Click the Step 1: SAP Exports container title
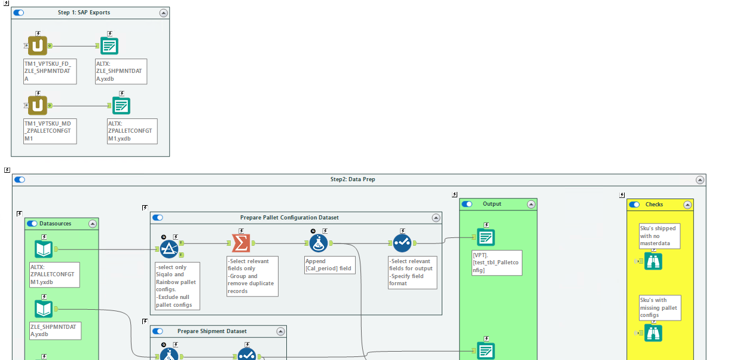(x=84, y=13)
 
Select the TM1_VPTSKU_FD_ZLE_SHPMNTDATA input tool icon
(x=38, y=45)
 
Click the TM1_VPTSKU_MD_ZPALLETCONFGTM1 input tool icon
(x=38, y=106)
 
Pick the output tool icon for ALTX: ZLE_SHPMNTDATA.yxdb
(x=109, y=46)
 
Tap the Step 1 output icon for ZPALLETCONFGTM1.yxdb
(x=121, y=106)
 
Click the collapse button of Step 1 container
(x=163, y=13)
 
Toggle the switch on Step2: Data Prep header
(x=20, y=179)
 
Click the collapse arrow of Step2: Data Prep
(x=699, y=179)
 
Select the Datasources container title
(x=55, y=224)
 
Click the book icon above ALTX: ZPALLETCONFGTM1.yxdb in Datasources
(x=44, y=249)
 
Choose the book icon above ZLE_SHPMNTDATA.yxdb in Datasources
(x=44, y=309)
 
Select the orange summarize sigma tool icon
(x=241, y=243)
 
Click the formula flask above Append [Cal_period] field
(x=319, y=243)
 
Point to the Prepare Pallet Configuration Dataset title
(x=289, y=218)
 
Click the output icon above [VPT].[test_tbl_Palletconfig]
(x=486, y=237)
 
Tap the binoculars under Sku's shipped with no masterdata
(x=653, y=261)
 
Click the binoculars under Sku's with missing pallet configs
(x=653, y=333)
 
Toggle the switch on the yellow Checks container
(x=634, y=205)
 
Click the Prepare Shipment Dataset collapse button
(x=280, y=331)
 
